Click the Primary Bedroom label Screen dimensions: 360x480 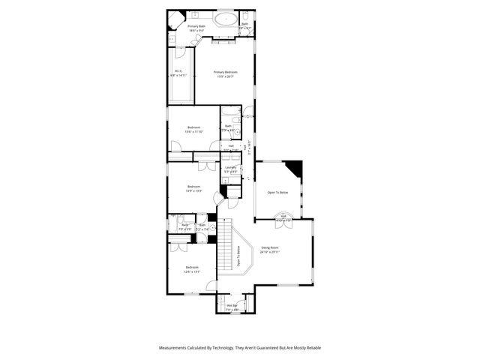(226, 72)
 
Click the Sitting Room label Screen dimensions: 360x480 (270, 247)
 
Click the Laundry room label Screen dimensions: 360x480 (231, 167)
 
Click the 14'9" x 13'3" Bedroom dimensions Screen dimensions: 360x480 (193, 190)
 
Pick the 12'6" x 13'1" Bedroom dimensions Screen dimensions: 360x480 (193, 271)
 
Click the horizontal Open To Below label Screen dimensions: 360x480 (277, 193)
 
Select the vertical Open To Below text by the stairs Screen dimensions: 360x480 (238, 257)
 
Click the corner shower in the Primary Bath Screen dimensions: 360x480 (175, 19)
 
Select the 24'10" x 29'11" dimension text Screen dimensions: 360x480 (270, 252)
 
